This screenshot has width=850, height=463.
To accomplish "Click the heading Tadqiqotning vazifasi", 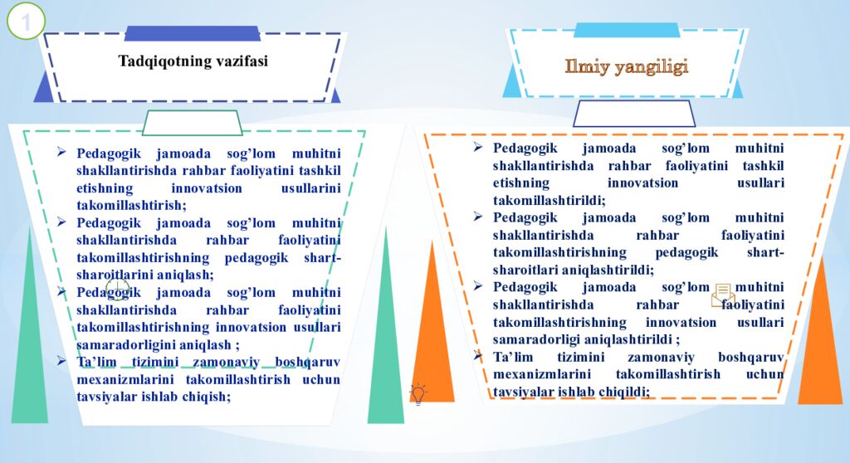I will click(x=193, y=61).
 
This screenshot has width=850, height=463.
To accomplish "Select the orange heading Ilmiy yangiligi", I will click(x=627, y=67).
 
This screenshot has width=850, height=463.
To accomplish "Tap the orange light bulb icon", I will click(x=418, y=393).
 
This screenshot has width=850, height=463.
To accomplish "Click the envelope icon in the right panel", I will click(x=722, y=295).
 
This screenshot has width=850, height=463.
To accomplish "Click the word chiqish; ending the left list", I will click(x=206, y=396).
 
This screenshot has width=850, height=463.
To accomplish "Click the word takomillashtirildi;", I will click(x=549, y=200).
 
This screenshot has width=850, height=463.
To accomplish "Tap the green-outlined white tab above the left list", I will click(x=192, y=123).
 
